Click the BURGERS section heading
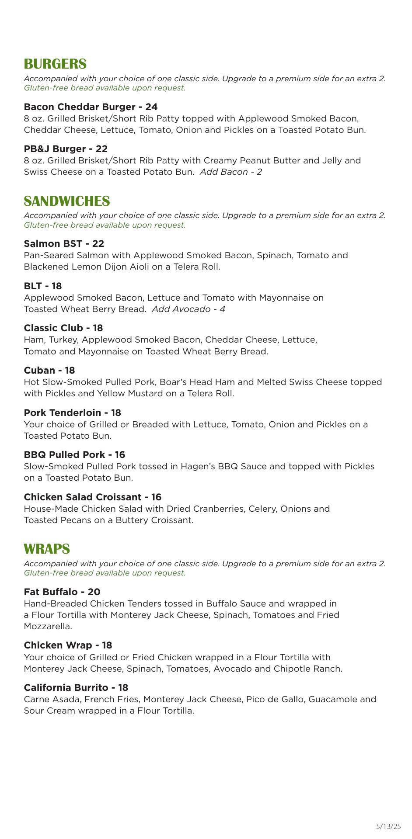tap(55, 64)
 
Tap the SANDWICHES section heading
tap(67, 201)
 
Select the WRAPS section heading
tap(47, 549)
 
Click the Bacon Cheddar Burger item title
tap(91, 107)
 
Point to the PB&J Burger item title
tap(66, 149)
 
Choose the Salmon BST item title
tap(64, 243)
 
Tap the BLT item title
tap(43, 286)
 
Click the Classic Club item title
tap(63, 328)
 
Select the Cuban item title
tap(49, 370)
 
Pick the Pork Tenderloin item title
tap(72, 413)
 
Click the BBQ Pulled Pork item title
tap(74, 454)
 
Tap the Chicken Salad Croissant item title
tap(92, 497)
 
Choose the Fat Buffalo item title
tap(62, 592)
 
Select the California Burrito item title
tap(76, 687)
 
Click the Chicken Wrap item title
tap(68, 645)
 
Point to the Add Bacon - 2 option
tap(230, 172)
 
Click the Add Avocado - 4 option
tap(188, 309)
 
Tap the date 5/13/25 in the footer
tap(388, 826)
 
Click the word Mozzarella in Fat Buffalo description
tap(48, 626)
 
